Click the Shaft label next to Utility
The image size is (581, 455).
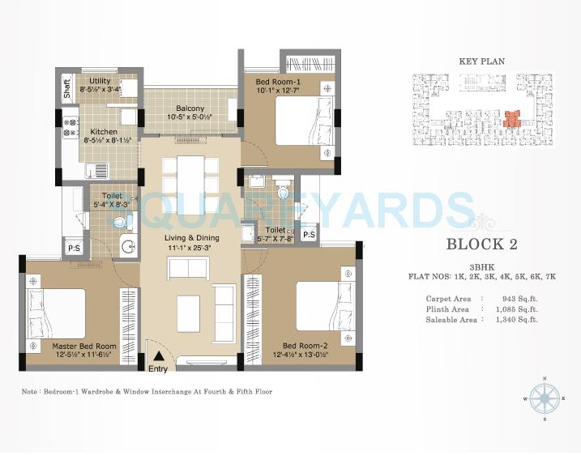pyautogui.click(x=68, y=87)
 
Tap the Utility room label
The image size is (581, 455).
pyautogui.click(x=100, y=81)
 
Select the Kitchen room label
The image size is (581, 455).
pyautogui.click(x=104, y=131)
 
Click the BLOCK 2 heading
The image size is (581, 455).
pyautogui.click(x=482, y=244)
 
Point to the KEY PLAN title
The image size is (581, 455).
pyautogui.click(x=481, y=61)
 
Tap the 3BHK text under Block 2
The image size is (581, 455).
pyautogui.click(x=481, y=266)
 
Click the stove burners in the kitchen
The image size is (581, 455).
pyautogui.click(x=70, y=129)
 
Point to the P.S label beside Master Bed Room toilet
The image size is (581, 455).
pyautogui.click(x=73, y=248)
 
